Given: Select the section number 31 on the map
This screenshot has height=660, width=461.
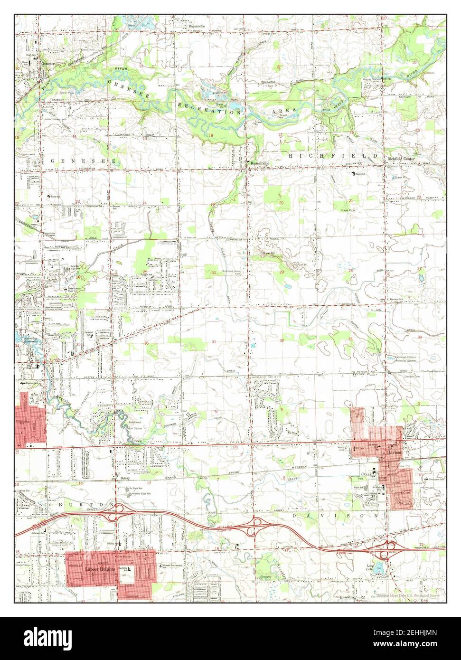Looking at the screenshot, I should click(214, 342).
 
